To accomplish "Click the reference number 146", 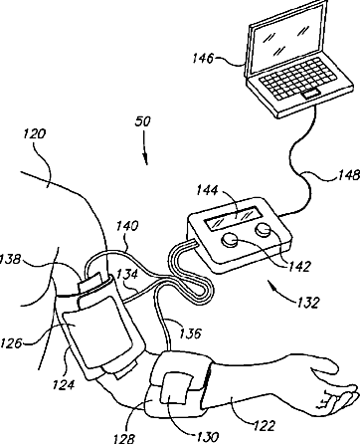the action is (x=203, y=59).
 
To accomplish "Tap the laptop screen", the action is (x=287, y=38).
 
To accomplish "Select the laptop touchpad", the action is (x=310, y=94).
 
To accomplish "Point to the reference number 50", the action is (x=143, y=121).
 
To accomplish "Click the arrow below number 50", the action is (x=145, y=148).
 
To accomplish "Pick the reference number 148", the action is (x=349, y=175).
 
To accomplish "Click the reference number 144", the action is (x=207, y=190).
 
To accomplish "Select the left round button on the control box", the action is (x=230, y=241).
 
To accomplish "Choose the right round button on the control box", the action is (x=264, y=230).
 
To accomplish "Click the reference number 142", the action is (x=299, y=267).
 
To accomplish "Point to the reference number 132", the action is (x=308, y=303).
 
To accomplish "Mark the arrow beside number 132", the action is (x=281, y=292).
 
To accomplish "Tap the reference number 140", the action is (x=127, y=226).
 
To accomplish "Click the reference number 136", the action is (x=190, y=333).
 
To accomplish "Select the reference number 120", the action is (x=34, y=134).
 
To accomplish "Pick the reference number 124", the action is (x=64, y=384).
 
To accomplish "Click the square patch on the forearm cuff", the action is (x=175, y=388).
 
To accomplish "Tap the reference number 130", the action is (x=207, y=436).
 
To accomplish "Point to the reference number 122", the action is (x=265, y=425).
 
